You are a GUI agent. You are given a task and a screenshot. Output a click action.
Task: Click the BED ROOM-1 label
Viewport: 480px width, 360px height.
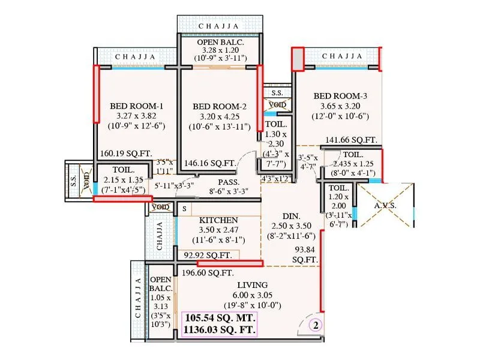pos(137,106)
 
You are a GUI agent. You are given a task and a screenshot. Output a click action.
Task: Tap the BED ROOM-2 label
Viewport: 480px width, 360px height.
pos(217,106)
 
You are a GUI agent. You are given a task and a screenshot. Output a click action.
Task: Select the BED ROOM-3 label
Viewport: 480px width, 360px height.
pos(340,95)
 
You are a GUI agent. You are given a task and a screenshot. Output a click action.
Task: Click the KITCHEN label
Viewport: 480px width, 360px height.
pos(219,220)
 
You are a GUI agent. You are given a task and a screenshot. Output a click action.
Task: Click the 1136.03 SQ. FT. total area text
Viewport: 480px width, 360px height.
pos(221,330)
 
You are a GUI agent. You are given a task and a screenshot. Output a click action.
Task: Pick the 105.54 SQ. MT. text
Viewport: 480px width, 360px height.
pos(221,317)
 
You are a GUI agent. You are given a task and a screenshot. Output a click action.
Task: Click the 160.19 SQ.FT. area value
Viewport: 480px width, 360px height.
pos(124,152)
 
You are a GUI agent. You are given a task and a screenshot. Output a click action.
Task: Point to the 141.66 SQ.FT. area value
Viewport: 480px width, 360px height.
pos(351,140)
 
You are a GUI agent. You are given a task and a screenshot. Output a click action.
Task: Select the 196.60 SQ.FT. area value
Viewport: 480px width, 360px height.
pos(207,272)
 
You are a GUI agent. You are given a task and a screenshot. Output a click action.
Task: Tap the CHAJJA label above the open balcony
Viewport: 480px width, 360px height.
pos(220,26)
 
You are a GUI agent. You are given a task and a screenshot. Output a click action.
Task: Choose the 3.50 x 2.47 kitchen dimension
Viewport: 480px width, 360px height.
pos(219,230)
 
